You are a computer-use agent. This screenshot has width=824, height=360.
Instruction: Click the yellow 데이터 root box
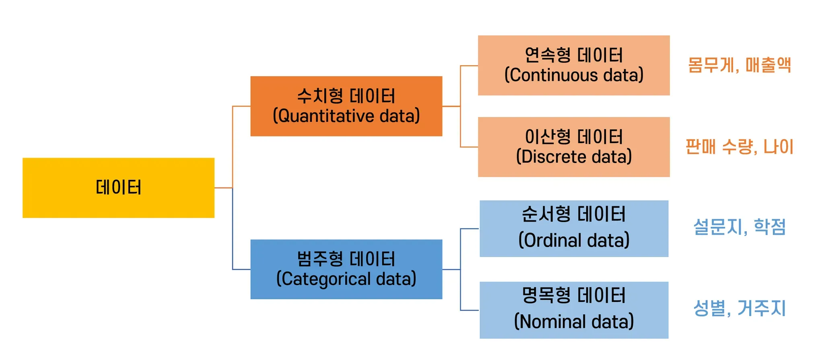(x=118, y=188)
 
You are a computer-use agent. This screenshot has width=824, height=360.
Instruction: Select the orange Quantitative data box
(x=346, y=106)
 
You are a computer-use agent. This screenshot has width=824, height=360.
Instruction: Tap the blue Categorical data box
(x=346, y=269)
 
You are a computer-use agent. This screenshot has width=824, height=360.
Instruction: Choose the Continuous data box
(x=574, y=65)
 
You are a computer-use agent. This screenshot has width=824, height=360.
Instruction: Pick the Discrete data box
(x=574, y=147)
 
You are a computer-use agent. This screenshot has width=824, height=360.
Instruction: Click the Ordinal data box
(x=574, y=228)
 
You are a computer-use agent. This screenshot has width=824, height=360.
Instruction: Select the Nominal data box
(x=574, y=310)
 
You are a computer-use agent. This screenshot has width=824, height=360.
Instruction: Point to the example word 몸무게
(x=711, y=65)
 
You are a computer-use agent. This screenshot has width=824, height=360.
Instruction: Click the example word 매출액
(x=768, y=65)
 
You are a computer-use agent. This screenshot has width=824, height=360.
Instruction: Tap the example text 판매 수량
(x=718, y=146)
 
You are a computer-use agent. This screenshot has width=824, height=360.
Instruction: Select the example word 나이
(x=779, y=146)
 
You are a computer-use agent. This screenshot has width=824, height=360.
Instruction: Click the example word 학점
(x=770, y=226)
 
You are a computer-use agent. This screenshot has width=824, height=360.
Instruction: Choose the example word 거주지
(x=762, y=308)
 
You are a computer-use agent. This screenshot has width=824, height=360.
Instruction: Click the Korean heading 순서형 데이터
(x=574, y=214)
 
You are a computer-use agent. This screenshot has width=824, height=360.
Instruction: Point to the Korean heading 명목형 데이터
(x=574, y=295)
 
